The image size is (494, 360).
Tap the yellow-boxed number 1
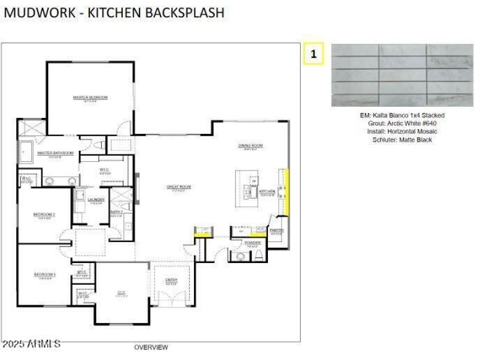tap(314, 54)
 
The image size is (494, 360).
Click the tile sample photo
tap(402, 75)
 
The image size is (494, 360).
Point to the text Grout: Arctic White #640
tap(402, 123)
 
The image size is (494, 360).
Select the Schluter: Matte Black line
tap(402, 140)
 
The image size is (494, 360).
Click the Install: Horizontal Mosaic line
tap(402, 132)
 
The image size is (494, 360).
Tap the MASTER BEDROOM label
tap(90, 98)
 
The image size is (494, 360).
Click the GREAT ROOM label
tap(178, 186)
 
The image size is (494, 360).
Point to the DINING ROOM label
tap(251, 146)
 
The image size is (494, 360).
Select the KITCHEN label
tap(267, 192)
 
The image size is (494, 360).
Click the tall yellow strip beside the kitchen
tap(286, 191)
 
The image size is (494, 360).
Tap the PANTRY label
tap(277, 230)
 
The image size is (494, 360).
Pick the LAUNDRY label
tap(96, 199)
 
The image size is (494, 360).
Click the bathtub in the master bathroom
tap(27, 151)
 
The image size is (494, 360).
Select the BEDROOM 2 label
tap(44, 215)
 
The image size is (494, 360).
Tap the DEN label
tap(122, 293)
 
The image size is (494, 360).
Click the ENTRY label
tap(171, 280)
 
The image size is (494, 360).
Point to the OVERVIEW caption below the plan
tap(151, 347)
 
